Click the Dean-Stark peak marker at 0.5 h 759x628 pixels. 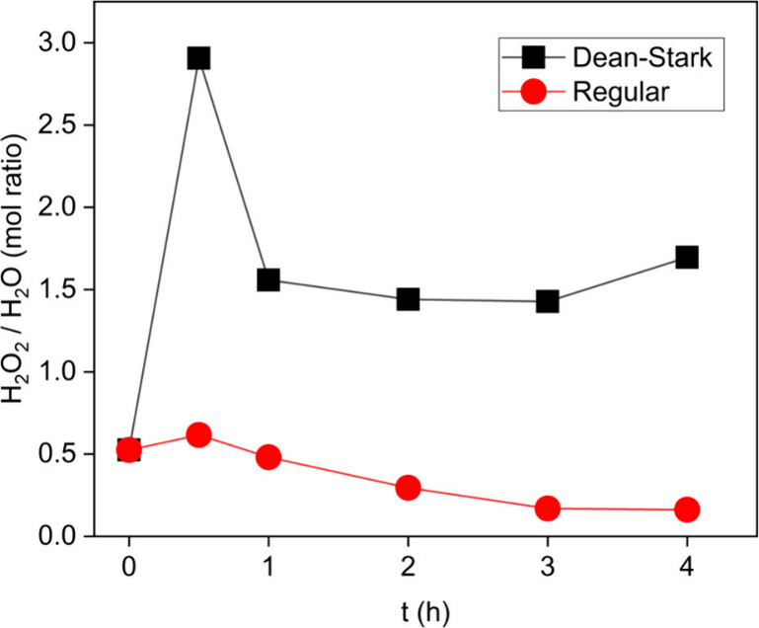pos(198,58)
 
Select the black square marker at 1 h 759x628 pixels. pos(268,279)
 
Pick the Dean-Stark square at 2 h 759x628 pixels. pos(408,299)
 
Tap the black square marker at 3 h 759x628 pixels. pos(548,301)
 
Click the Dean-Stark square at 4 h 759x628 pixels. pos(687,257)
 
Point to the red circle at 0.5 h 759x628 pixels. pos(198,434)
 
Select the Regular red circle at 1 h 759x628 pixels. pos(268,457)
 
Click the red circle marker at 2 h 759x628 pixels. pos(408,487)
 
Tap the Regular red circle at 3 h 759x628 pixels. pos(548,509)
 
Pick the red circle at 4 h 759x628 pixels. pos(687,510)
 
